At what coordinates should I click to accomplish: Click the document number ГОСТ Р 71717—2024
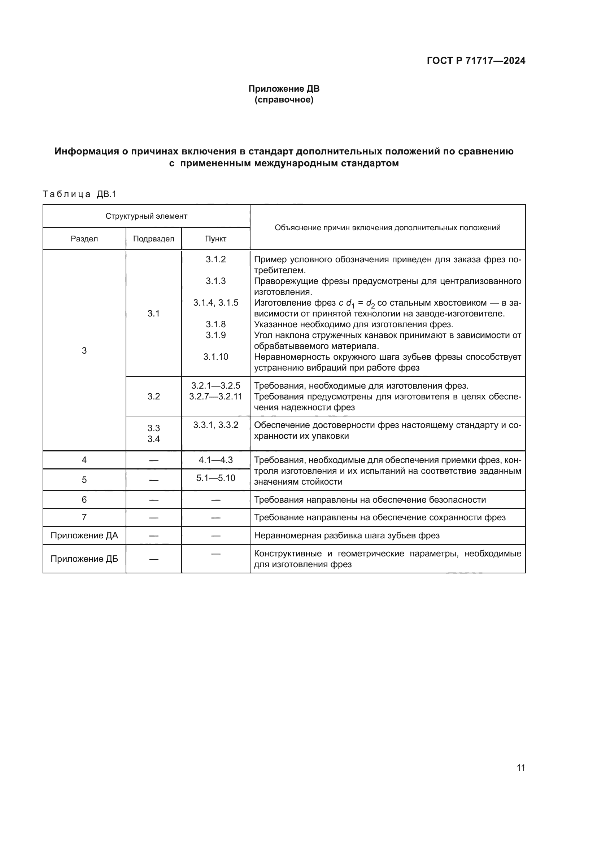click(x=476, y=61)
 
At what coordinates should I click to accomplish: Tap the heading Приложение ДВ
click(x=284, y=89)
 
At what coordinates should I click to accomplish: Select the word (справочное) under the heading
click(x=284, y=100)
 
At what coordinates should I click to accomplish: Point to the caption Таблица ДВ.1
click(x=79, y=194)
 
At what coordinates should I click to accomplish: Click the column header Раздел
click(x=84, y=239)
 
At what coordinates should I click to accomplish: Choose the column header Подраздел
click(x=154, y=239)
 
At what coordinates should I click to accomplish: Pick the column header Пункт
click(x=215, y=239)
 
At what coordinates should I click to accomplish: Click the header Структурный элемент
click(x=146, y=216)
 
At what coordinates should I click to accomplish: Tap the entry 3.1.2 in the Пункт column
click(x=216, y=259)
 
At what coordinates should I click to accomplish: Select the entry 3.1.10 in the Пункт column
click(x=216, y=357)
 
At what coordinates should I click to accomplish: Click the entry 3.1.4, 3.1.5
click(x=216, y=302)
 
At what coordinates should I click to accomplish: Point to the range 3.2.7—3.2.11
click(x=216, y=396)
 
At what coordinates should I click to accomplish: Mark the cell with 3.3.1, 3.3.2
click(x=216, y=425)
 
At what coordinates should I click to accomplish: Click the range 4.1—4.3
click(x=216, y=460)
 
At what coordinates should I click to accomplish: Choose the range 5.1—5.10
click(x=216, y=478)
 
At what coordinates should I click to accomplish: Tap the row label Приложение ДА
click(x=84, y=535)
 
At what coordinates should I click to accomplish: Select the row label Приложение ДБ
click(x=84, y=559)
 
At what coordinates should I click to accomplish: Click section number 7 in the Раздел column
click(x=84, y=517)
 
